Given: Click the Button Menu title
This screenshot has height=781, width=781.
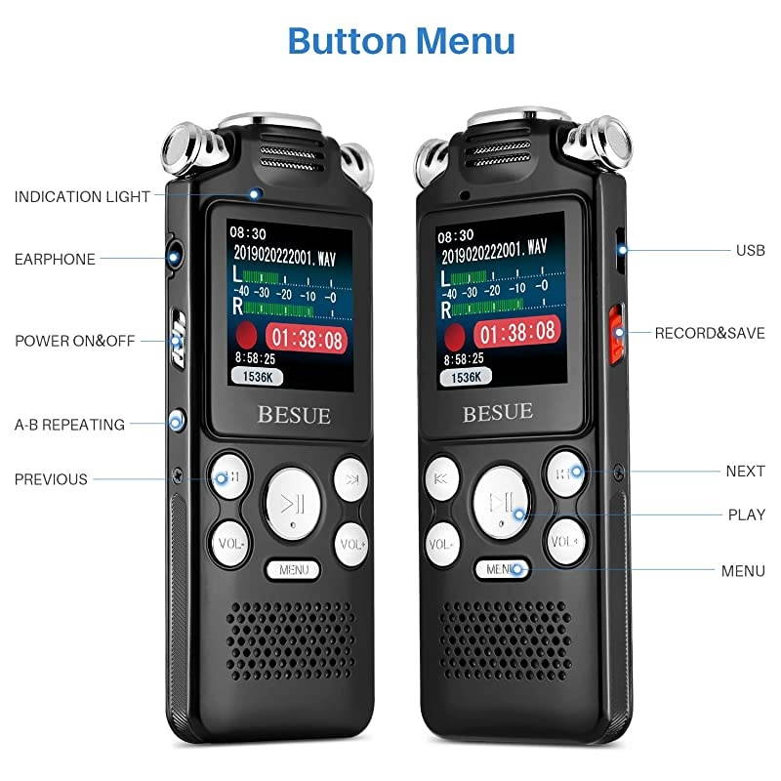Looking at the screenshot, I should (401, 42).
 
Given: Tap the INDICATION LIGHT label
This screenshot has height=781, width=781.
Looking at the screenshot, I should (82, 196).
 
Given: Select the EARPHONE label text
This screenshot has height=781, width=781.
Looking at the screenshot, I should (55, 260).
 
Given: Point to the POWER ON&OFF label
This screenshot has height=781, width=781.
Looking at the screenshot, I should (75, 342).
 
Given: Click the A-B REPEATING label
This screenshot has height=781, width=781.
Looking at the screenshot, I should (69, 425).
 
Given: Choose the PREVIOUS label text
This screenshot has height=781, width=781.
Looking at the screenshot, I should (51, 479).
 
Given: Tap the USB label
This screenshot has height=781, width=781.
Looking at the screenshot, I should (750, 251).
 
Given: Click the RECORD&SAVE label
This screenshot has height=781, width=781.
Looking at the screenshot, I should (710, 333).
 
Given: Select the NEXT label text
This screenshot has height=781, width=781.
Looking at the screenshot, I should (745, 471).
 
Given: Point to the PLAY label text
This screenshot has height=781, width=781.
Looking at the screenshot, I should (746, 514).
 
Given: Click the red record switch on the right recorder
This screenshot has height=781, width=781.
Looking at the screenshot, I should (616, 333).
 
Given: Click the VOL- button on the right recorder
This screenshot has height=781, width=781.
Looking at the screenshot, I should (441, 542).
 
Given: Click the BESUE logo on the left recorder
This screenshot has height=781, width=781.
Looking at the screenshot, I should (294, 414).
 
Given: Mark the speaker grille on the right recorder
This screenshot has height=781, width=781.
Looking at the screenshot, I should (504, 639).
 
